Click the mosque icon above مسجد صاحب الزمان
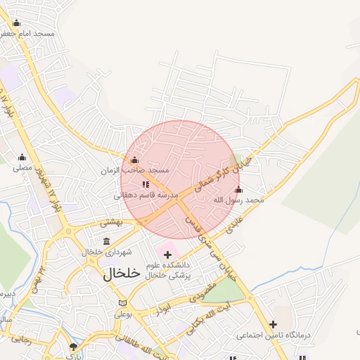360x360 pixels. (x=134, y=160)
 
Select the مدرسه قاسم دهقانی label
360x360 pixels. (x=146, y=195)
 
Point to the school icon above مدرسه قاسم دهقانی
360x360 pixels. (x=146, y=185)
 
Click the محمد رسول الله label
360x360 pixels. (x=238, y=200)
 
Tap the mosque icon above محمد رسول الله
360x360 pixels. (x=238, y=190)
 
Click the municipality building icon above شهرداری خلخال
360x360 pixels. (x=106, y=241)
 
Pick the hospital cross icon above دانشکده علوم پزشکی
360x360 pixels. (x=167, y=254)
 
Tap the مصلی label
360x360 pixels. (x=22, y=168)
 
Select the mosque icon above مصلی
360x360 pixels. (x=22, y=157)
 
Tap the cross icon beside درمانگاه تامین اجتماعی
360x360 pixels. (x=272, y=324)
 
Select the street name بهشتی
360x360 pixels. (x=111, y=222)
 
